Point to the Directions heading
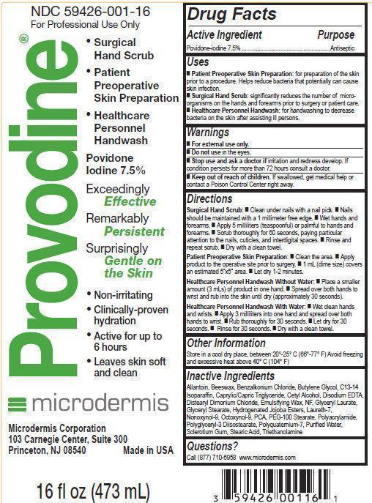click(x=209, y=198)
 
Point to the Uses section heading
click(x=198, y=62)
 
